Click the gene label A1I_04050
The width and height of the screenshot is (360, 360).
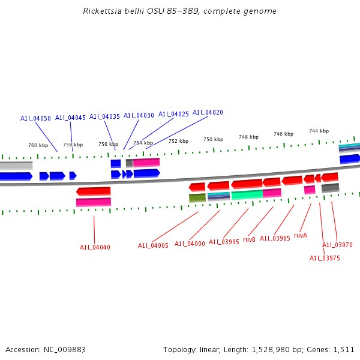coord(35,118)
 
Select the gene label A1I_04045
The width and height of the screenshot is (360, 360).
coord(70,118)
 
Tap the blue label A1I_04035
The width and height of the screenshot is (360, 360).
coord(104,116)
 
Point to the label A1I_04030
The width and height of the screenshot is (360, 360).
coord(139,115)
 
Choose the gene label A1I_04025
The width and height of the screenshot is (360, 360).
coord(173,114)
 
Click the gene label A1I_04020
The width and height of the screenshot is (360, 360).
coord(208,112)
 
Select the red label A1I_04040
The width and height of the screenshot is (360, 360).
coord(95,247)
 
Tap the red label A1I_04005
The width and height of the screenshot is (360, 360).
coord(153,245)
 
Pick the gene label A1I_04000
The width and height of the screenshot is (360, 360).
coord(190,244)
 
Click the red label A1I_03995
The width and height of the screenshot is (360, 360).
coord(224,242)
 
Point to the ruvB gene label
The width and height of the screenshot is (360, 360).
coord(250,239)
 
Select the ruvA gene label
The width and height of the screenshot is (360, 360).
coord(301,235)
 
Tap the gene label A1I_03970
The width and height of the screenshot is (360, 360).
coord(337,245)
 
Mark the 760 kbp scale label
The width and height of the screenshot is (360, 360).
coord(38,145)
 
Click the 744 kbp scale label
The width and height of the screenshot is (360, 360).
coord(319,131)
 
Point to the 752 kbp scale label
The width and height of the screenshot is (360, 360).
coord(178,141)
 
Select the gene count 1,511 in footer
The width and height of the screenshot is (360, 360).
coord(344,349)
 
